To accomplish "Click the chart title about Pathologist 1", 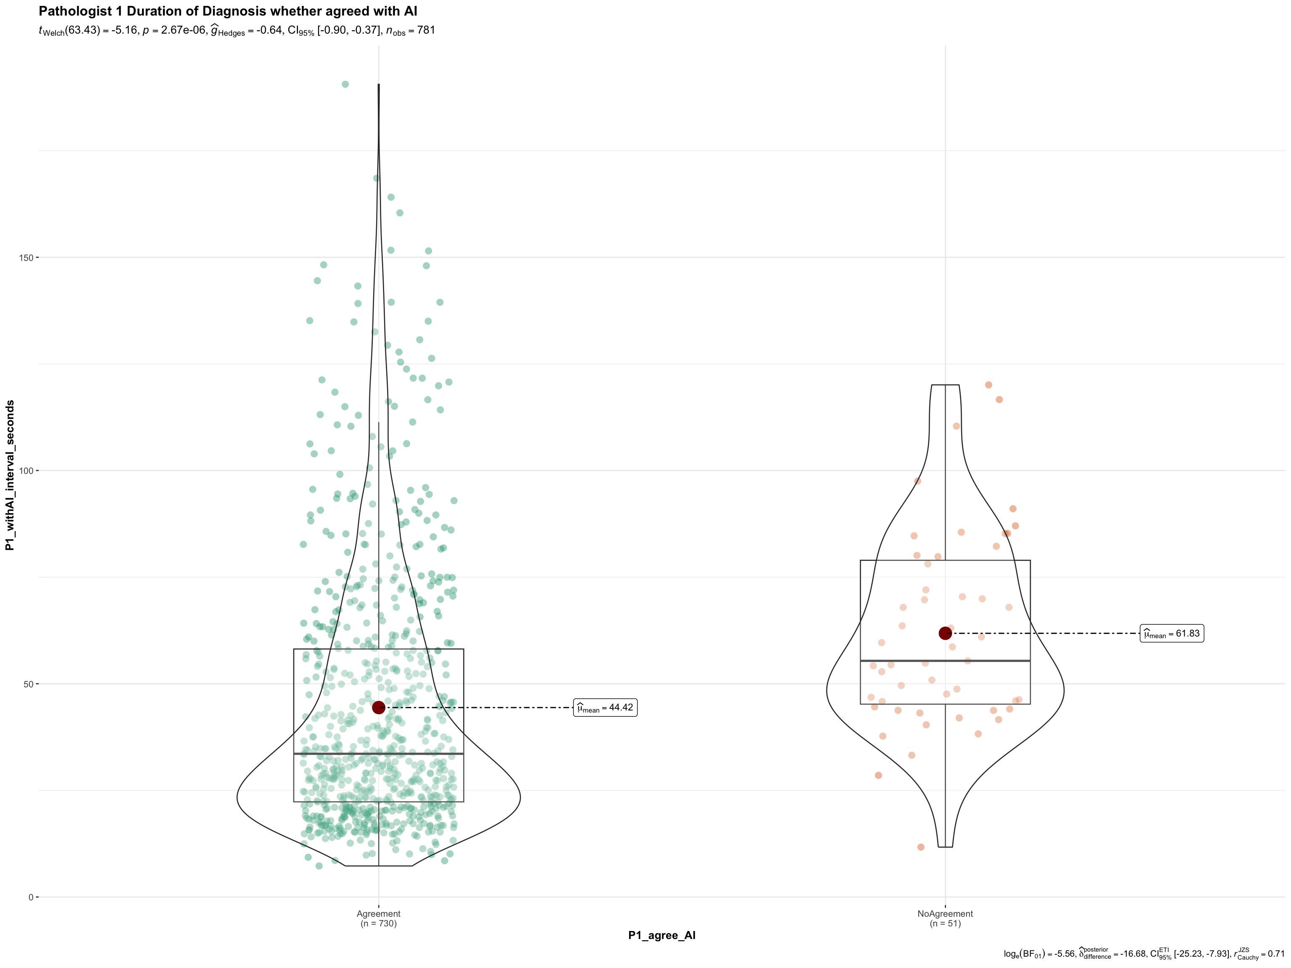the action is pos(228,11).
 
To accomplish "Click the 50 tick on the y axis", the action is pos(29,684).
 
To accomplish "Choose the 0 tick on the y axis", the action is pos(31,897).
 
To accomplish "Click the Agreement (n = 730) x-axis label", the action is pos(379,918).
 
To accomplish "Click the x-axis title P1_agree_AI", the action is pos(662,935).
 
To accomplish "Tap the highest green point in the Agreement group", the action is pos(345,84).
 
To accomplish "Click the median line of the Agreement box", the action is pos(379,754).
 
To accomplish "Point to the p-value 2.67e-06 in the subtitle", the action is pos(175,30).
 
